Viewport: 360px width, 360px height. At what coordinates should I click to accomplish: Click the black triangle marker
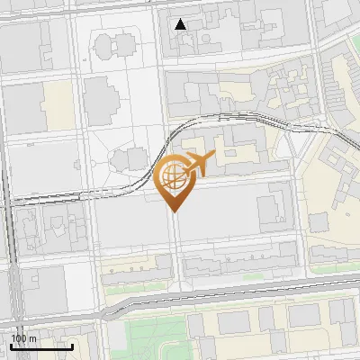(x=182, y=24)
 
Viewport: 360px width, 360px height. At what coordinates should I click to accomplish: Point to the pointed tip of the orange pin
(x=173, y=211)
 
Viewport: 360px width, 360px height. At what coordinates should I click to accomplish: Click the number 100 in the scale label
(x=18, y=337)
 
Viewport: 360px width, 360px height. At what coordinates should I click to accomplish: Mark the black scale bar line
(x=40, y=346)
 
